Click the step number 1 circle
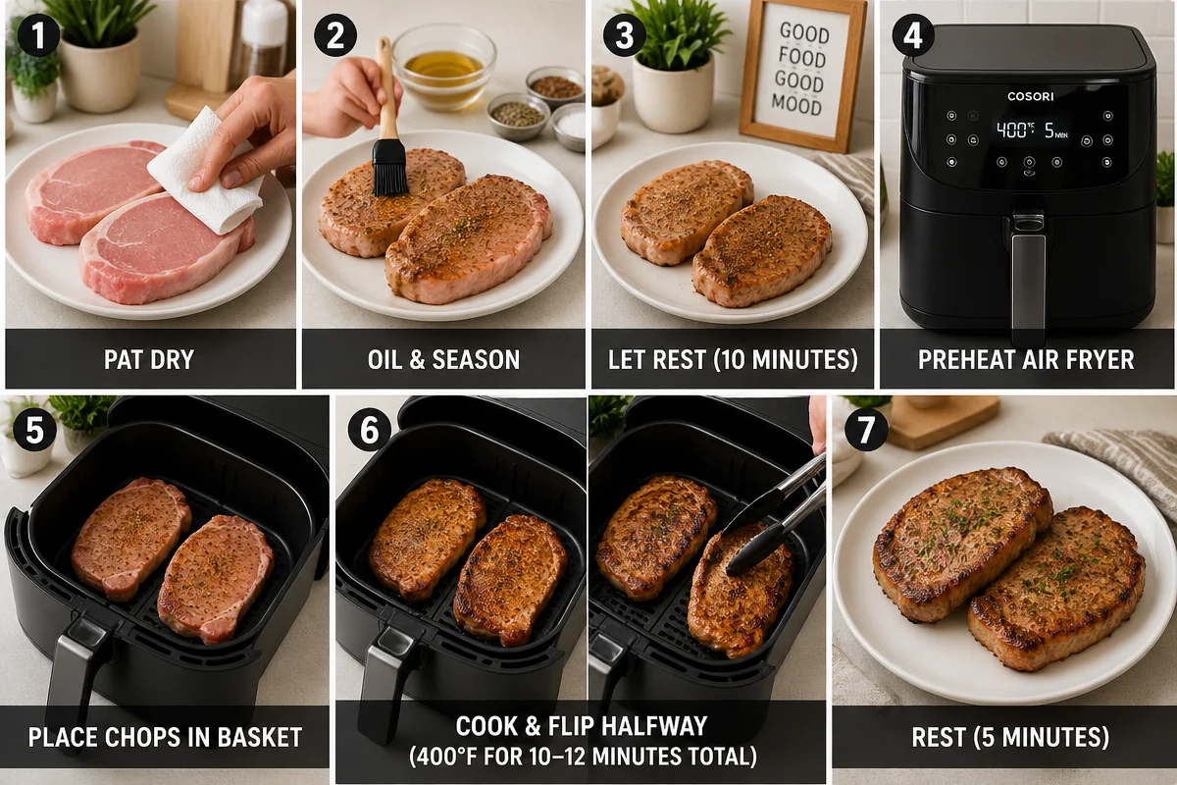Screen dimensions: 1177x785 38,35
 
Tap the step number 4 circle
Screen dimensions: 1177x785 913,35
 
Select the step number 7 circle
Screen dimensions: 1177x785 866,430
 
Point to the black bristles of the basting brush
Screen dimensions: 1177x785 390,167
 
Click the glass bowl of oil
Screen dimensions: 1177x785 444,67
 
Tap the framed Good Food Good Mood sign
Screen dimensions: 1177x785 802,74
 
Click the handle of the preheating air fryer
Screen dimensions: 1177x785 1028,279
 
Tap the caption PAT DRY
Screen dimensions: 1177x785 149,360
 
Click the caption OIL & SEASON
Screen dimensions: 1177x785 443,360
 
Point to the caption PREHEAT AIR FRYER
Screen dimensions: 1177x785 1026,360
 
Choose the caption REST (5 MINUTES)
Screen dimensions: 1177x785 1010,737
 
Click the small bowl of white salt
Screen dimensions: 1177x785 569,128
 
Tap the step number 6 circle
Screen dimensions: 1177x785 370,430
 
